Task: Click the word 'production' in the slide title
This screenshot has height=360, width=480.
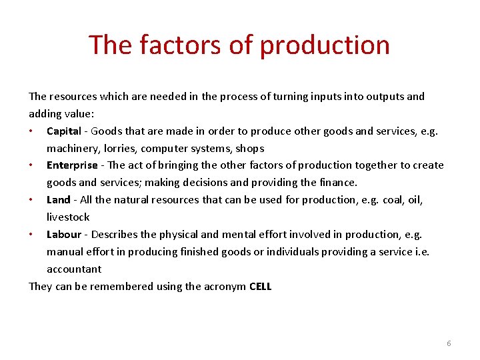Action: coord(325,45)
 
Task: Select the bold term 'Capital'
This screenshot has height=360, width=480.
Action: coord(63,131)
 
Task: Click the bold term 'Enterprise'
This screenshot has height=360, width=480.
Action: coord(72,165)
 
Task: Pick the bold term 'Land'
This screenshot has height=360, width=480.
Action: coord(58,200)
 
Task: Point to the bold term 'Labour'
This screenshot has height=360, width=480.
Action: coord(63,235)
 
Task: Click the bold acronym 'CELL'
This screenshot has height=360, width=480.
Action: coord(260,287)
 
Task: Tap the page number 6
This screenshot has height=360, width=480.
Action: coord(449,343)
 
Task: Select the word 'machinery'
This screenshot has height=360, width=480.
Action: coord(72,149)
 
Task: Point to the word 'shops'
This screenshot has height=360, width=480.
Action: coord(250,149)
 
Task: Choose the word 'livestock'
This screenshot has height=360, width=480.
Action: coord(68,217)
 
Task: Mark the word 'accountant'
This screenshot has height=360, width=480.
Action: coord(74,269)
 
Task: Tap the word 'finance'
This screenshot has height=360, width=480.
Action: coord(339,183)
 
